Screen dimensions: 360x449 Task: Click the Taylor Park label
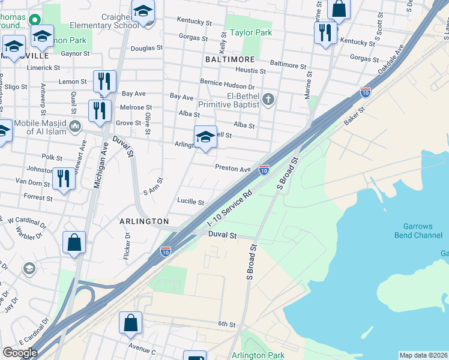pyautogui.click(x=249, y=33)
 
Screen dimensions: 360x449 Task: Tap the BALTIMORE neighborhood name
pyautogui.click(x=230, y=60)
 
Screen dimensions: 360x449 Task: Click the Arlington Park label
pyautogui.click(x=258, y=355)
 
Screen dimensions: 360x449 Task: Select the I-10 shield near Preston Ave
pyautogui.click(x=264, y=170)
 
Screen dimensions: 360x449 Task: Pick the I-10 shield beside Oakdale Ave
pyautogui.click(x=365, y=92)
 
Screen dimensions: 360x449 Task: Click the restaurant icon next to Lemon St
pyautogui.click(x=104, y=81)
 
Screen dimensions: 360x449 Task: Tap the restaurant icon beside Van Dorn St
pyautogui.click(x=63, y=178)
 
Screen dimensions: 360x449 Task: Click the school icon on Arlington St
pyautogui.click(x=205, y=136)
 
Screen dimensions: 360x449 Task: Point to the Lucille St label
pyautogui.click(x=190, y=202)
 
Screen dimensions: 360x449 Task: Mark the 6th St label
pyautogui.click(x=227, y=324)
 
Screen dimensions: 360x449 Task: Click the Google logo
pyautogui.click(x=20, y=353)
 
